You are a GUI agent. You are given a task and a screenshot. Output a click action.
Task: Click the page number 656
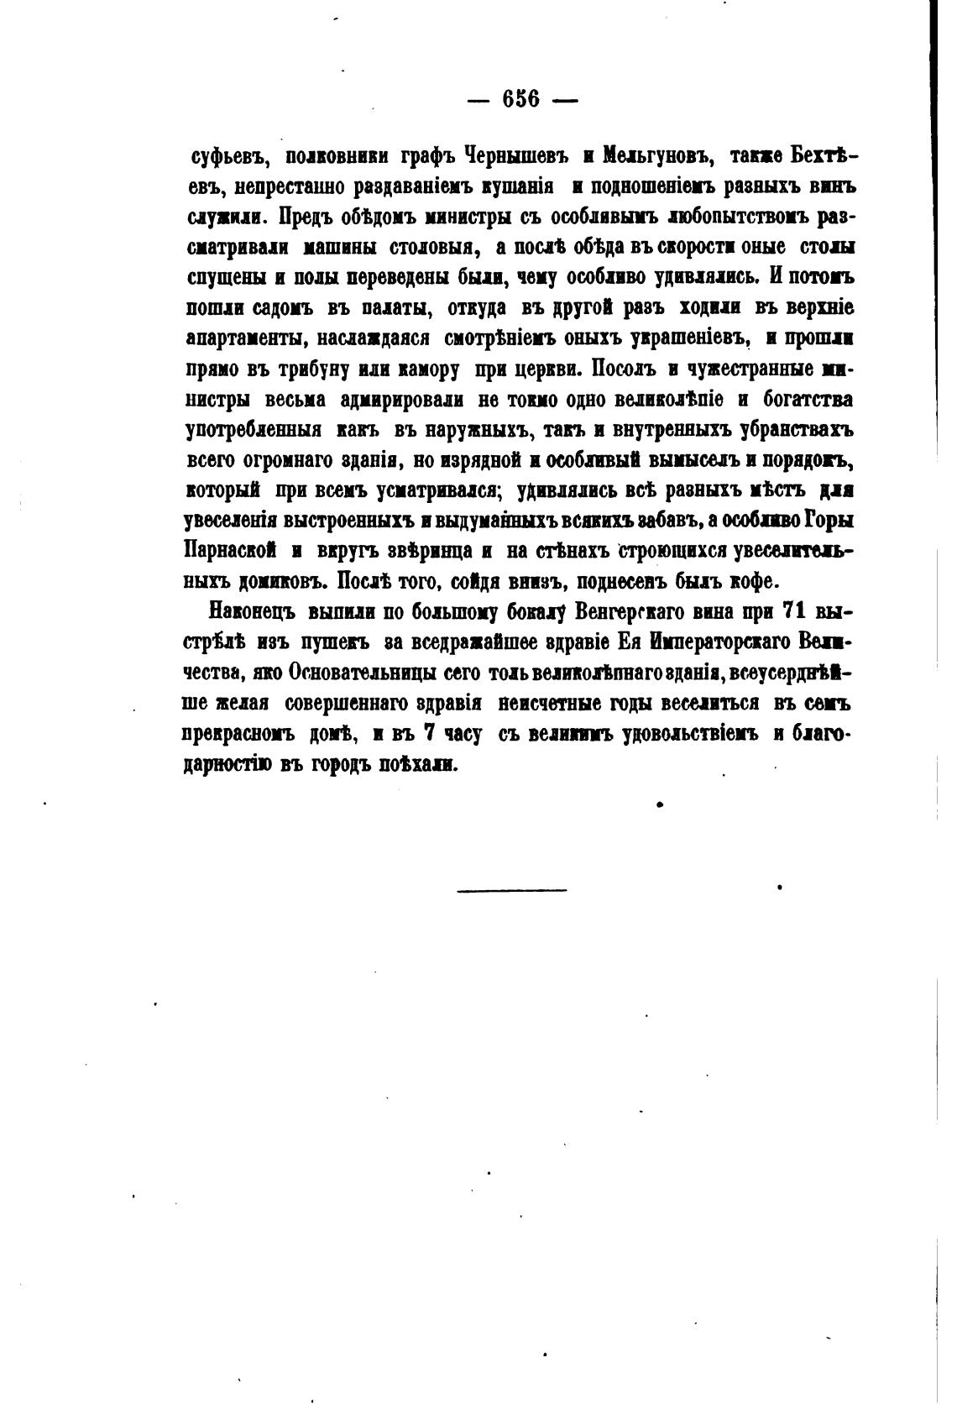(520, 98)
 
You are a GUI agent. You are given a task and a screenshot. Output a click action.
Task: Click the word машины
(342, 246)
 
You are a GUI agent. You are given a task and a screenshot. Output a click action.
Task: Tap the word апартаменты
(238, 338)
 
